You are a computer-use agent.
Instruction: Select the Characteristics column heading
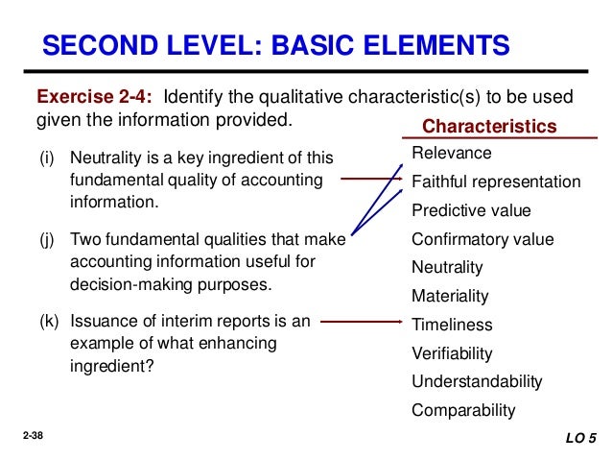pyautogui.click(x=489, y=127)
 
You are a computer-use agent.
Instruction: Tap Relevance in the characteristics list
pyautogui.click(x=451, y=154)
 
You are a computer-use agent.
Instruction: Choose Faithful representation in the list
pyautogui.click(x=496, y=182)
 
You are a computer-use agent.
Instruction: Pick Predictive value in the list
pyautogui.click(x=470, y=210)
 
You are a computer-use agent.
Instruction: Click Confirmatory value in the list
pyautogui.click(x=482, y=239)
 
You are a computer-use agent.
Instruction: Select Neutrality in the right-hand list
pyautogui.click(x=447, y=267)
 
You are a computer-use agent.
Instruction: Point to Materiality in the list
pyautogui.click(x=450, y=296)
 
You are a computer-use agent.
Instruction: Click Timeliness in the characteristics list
pyautogui.click(x=452, y=325)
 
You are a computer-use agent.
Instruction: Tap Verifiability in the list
pyautogui.click(x=452, y=353)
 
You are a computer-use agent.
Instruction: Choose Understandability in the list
pyautogui.click(x=477, y=381)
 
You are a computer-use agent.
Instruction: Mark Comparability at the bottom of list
pyautogui.click(x=463, y=410)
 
